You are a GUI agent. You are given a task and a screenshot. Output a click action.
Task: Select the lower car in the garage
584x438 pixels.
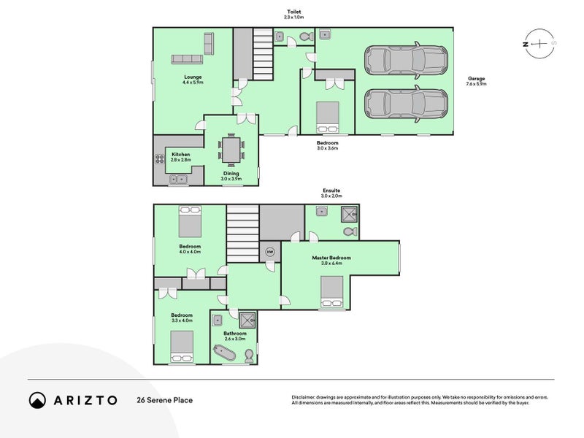click(406, 104)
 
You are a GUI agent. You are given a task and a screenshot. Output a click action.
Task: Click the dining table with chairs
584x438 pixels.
click(231, 151)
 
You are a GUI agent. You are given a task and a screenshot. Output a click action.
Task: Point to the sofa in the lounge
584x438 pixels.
click(187, 59)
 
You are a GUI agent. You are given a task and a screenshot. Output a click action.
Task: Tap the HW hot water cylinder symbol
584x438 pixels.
click(269, 253)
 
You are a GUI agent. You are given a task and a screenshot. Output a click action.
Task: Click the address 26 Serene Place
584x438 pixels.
click(164, 400)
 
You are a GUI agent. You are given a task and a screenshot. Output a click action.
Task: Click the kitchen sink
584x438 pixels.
click(178, 178)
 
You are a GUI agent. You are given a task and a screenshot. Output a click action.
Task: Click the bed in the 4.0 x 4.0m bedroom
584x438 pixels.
click(191, 217)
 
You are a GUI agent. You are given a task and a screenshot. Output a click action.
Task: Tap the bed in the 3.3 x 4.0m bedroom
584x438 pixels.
click(182, 346)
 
